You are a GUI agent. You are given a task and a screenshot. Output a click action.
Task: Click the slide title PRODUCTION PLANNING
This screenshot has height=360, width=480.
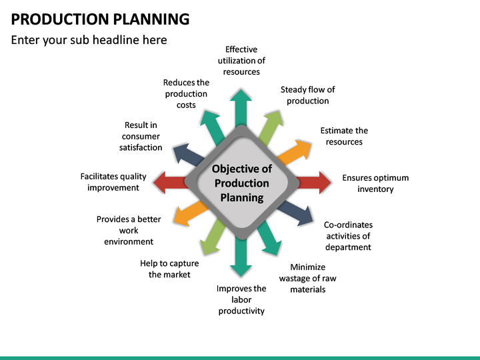pyautogui.click(x=100, y=19)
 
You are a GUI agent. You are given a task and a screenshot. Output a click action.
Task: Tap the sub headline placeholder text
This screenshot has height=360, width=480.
pyautogui.click(x=89, y=40)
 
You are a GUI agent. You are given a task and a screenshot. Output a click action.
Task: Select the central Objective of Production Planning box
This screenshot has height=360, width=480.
pyautogui.click(x=241, y=183)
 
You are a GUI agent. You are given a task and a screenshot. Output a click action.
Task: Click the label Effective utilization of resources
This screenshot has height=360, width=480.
pyautogui.click(x=241, y=61)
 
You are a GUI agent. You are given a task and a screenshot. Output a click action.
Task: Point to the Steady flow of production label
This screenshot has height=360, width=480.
pyautogui.click(x=307, y=95)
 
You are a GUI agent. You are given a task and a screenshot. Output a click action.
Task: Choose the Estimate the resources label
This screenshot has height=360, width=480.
pyautogui.click(x=344, y=136)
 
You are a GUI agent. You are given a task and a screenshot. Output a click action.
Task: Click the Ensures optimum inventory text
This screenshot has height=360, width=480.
pyautogui.click(x=375, y=183)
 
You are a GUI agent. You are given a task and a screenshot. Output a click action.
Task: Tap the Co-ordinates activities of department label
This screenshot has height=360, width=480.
pyautogui.click(x=348, y=236)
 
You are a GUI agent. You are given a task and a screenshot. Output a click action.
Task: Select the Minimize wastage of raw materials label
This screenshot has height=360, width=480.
pyautogui.click(x=307, y=279)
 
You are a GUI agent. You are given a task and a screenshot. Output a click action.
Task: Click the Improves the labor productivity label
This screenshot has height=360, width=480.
pyautogui.click(x=241, y=299)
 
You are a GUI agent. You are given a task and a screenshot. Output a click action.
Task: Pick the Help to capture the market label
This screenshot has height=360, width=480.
pyautogui.click(x=169, y=269)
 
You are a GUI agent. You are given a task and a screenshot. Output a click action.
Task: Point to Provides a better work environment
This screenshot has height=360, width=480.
pyautogui.click(x=129, y=230)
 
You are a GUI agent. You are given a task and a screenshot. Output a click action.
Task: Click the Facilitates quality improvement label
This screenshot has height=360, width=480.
pyautogui.click(x=113, y=182)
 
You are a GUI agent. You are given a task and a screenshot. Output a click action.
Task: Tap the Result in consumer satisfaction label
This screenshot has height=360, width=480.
pyautogui.click(x=141, y=136)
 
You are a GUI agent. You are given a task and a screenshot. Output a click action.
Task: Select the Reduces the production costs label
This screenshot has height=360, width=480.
pyautogui.click(x=186, y=94)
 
